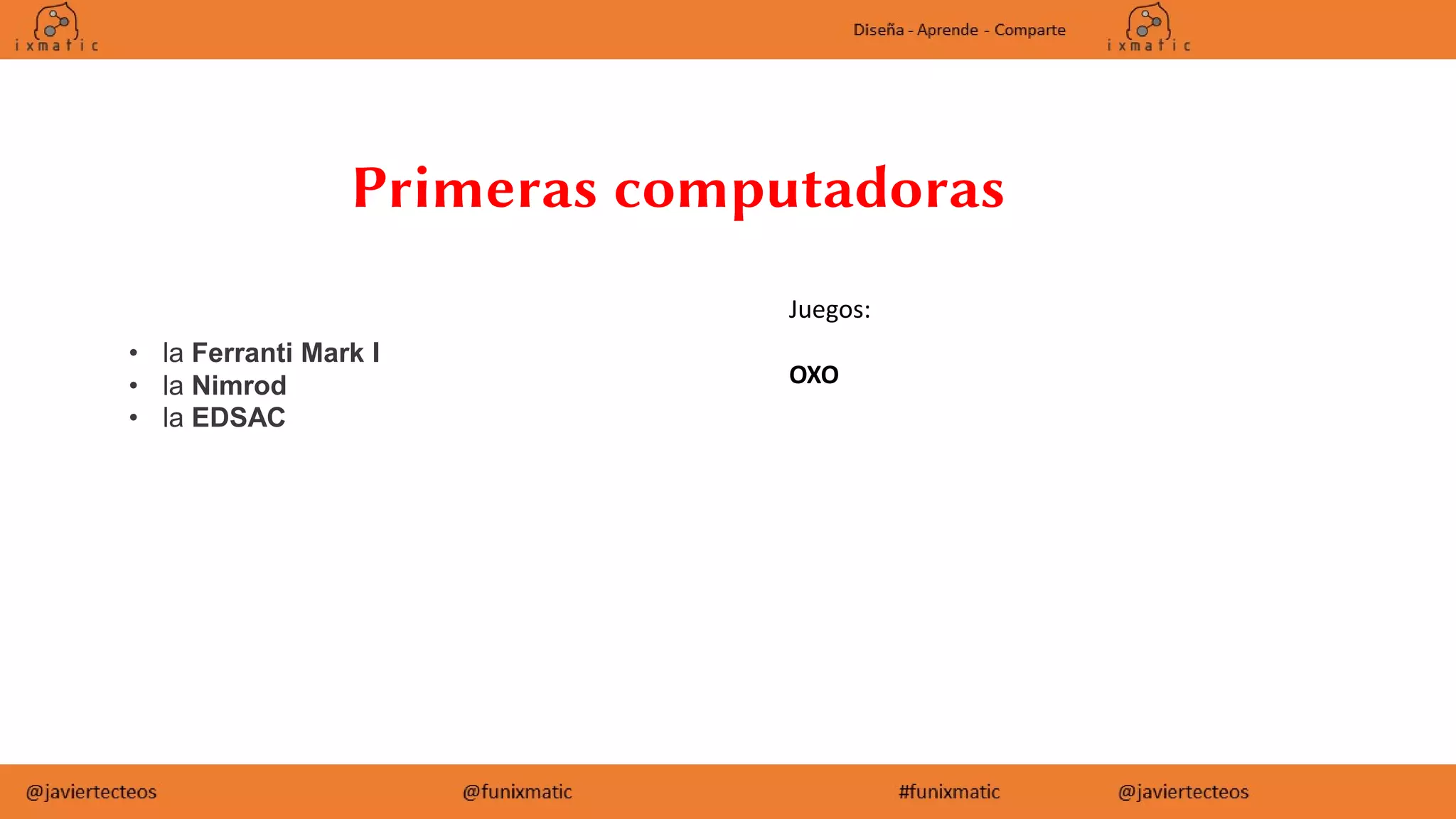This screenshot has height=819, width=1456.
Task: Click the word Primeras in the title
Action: click(474, 188)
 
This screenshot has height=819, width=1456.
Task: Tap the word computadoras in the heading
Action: click(809, 190)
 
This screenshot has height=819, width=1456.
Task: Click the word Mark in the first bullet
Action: click(332, 353)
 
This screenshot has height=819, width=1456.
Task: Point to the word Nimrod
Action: click(239, 385)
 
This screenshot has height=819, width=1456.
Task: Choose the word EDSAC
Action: click(238, 417)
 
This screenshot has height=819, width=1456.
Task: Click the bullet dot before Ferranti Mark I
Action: click(134, 353)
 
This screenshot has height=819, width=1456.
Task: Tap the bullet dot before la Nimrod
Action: click(134, 385)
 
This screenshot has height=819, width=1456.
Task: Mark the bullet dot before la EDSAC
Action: click(134, 417)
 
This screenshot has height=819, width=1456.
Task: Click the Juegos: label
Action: click(829, 310)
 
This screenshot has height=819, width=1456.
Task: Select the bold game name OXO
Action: click(813, 375)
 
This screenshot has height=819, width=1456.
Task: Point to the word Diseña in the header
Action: click(878, 30)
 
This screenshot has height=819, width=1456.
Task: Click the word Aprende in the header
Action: click(947, 30)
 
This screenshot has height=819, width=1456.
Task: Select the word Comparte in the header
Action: click(1029, 30)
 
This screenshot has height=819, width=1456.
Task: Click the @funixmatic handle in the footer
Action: click(517, 792)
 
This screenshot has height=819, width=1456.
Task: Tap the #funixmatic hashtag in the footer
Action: click(949, 792)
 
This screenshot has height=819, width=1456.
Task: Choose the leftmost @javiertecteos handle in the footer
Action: click(91, 792)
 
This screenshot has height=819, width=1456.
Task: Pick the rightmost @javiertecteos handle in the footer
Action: click(1183, 792)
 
